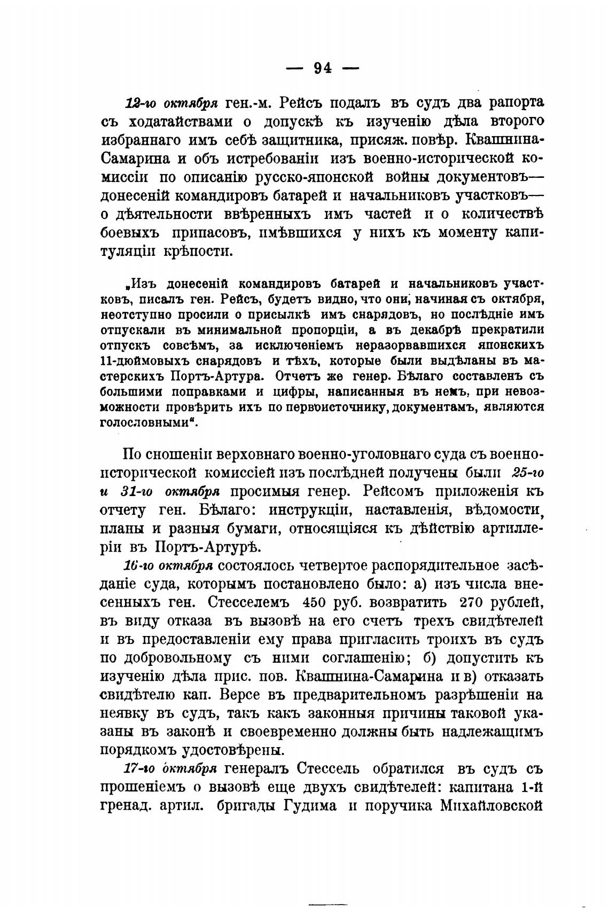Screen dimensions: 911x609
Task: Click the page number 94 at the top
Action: [323, 68]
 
